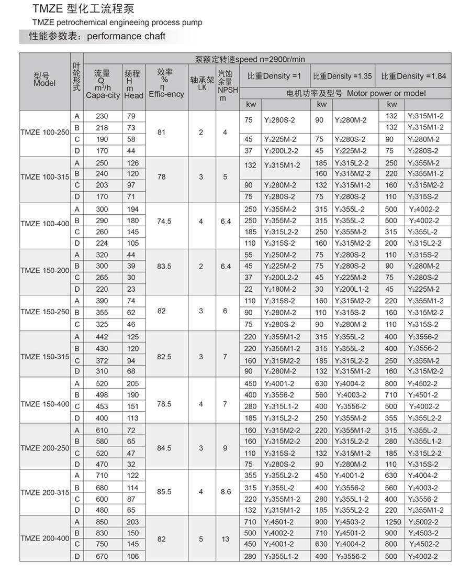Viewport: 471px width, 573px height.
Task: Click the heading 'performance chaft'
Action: click(x=126, y=36)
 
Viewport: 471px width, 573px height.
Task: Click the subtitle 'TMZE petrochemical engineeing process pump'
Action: click(x=117, y=23)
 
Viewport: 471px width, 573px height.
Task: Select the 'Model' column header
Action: click(x=44, y=80)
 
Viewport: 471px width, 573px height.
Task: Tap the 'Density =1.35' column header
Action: click(x=343, y=76)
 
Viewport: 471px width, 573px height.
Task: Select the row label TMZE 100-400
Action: click(x=45, y=224)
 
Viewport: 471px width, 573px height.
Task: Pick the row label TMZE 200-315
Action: click(x=45, y=492)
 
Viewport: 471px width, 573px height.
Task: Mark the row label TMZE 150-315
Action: click(x=45, y=357)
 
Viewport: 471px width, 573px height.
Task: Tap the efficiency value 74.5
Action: click(x=164, y=222)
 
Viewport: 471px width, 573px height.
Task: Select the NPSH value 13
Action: click(x=226, y=539)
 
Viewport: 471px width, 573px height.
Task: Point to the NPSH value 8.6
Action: click(x=226, y=492)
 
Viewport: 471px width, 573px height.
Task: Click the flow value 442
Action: click(x=102, y=337)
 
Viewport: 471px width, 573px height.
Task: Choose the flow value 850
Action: click(x=102, y=522)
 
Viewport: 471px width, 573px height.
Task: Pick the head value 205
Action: click(x=133, y=383)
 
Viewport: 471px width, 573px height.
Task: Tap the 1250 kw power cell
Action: click(x=392, y=522)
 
